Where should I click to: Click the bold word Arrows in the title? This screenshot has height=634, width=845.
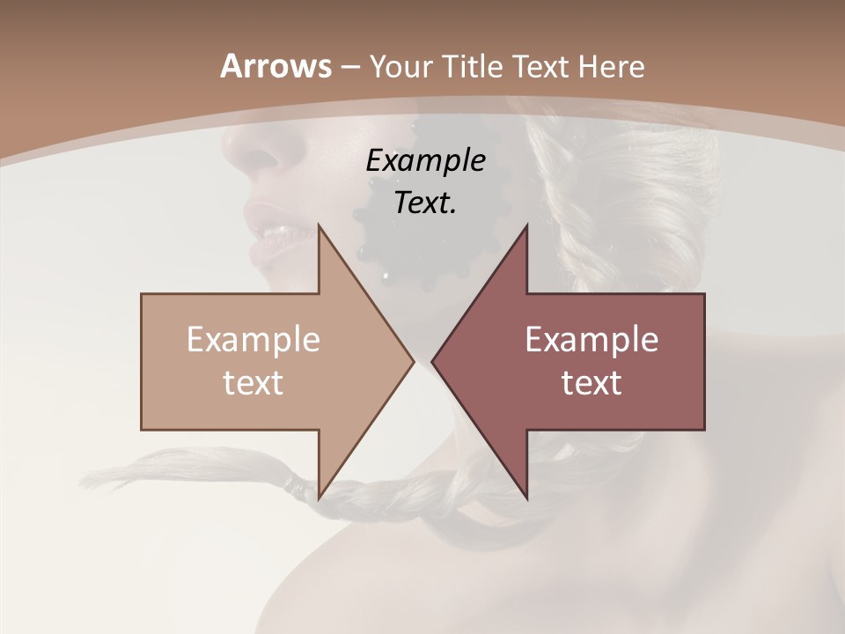[276, 66]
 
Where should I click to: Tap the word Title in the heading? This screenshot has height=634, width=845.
[472, 66]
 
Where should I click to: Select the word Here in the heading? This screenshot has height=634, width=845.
[612, 66]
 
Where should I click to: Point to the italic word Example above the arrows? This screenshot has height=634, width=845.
[425, 160]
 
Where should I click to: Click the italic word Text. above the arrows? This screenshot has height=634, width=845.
[425, 203]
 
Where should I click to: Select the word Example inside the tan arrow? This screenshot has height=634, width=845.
[253, 340]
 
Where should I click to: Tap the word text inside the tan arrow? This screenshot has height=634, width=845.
[253, 382]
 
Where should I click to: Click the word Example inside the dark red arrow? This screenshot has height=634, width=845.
[591, 340]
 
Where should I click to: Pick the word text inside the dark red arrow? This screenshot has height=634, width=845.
[591, 382]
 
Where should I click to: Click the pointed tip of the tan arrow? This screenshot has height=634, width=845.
[413, 361]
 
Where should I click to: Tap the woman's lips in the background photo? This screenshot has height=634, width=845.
[273, 238]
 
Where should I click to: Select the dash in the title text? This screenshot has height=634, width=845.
[349, 67]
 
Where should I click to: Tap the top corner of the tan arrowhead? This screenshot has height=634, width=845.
[319, 225]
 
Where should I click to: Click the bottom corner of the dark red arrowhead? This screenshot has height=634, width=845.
[526, 498]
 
